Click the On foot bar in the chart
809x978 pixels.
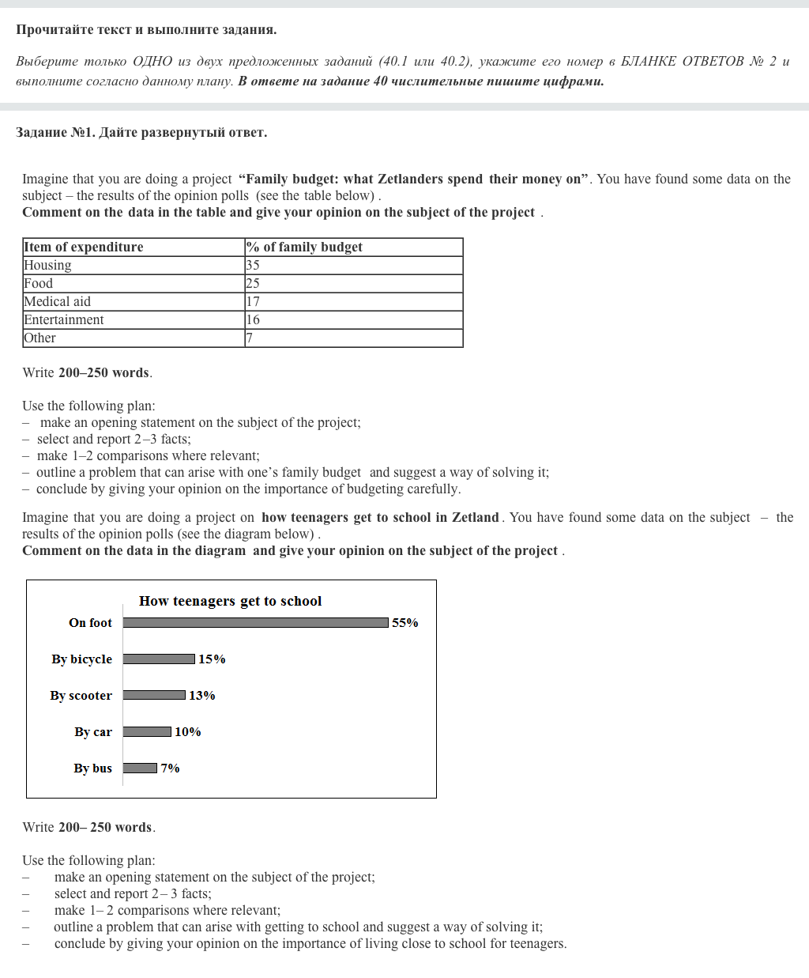(256, 623)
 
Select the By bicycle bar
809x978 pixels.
(159, 659)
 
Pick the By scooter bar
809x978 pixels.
(154, 696)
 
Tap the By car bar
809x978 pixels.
(147, 732)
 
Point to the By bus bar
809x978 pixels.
(140, 768)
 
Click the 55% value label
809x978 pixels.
(405, 623)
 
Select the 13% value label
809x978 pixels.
(202, 696)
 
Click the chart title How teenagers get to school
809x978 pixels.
(231, 601)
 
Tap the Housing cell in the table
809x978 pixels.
(47, 266)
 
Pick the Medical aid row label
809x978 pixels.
(58, 302)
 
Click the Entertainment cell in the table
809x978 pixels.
(64, 320)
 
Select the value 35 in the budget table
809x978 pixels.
(253, 266)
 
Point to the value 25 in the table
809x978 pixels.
(253, 284)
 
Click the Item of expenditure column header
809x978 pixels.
(84, 247)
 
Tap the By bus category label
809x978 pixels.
(93, 768)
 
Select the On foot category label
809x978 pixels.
(91, 623)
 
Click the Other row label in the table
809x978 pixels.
(40, 338)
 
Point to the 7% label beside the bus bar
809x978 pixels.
(171, 768)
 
